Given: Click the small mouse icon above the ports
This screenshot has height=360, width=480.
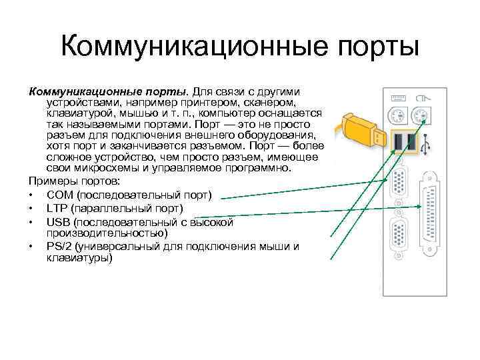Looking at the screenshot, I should (421, 97).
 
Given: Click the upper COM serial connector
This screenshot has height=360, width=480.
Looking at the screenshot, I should (401, 187).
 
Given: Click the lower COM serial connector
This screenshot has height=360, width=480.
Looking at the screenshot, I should (401, 239).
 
